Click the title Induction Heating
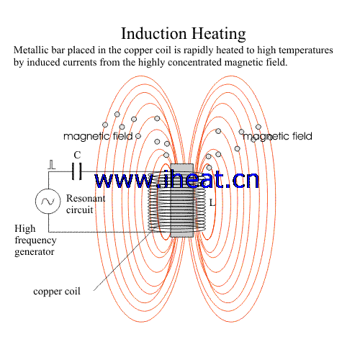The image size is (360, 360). click(x=184, y=34)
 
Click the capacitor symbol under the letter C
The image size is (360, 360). click(x=77, y=171)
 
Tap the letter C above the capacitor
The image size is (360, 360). click(x=77, y=155)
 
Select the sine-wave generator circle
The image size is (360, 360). click(x=48, y=201)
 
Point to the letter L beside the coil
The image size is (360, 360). click(x=212, y=203)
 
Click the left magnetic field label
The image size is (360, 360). click(x=98, y=136)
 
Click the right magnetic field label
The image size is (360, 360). click(x=277, y=136)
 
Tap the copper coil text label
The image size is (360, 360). click(x=57, y=292)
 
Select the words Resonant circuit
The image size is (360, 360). click(x=86, y=204)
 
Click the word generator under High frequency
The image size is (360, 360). click(x=35, y=252)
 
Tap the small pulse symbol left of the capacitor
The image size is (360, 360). click(x=51, y=165)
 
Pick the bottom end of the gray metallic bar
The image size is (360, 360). click(x=181, y=237)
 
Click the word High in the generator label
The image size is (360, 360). click(x=25, y=228)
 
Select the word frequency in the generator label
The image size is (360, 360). click(x=35, y=240)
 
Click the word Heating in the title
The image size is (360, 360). click(x=219, y=34)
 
